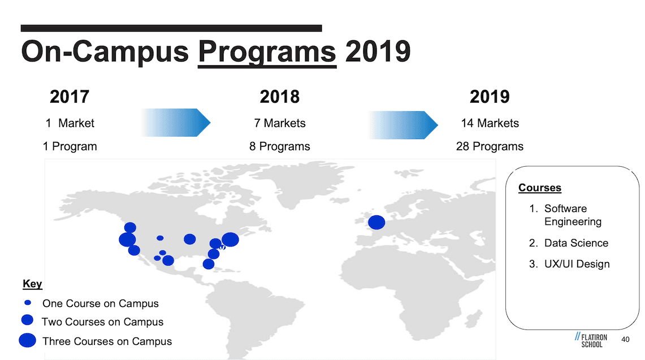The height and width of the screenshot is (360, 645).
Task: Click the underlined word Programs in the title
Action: coord(267,52)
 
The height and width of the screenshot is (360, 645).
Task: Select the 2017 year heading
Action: coord(70,97)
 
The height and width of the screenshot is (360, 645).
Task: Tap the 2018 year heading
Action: coord(280,97)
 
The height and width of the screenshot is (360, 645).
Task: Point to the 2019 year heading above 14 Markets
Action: coord(490,97)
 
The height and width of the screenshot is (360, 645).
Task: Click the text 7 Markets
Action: coord(280,123)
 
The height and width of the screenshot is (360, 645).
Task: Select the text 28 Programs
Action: coord(490,146)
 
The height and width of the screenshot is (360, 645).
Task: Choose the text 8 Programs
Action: coord(280,146)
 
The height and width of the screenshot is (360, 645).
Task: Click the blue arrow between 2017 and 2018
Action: coord(175,123)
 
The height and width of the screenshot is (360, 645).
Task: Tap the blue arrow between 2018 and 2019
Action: coord(403,125)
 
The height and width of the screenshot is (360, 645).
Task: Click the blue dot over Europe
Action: coord(376,222)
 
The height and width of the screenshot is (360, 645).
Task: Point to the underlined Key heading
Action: coord(32,284)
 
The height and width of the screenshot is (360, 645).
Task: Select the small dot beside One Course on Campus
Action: coord(28,302)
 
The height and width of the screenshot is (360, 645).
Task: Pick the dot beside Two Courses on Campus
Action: coord(27,320)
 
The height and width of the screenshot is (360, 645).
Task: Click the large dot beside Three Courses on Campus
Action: coord(28,340)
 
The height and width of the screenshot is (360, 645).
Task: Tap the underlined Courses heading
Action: coord(540,188)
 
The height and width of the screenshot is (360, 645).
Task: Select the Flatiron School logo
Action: coord(591,340)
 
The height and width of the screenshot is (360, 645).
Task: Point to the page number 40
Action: coord(625,340)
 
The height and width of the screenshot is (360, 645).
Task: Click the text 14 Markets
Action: coord(490,123)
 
